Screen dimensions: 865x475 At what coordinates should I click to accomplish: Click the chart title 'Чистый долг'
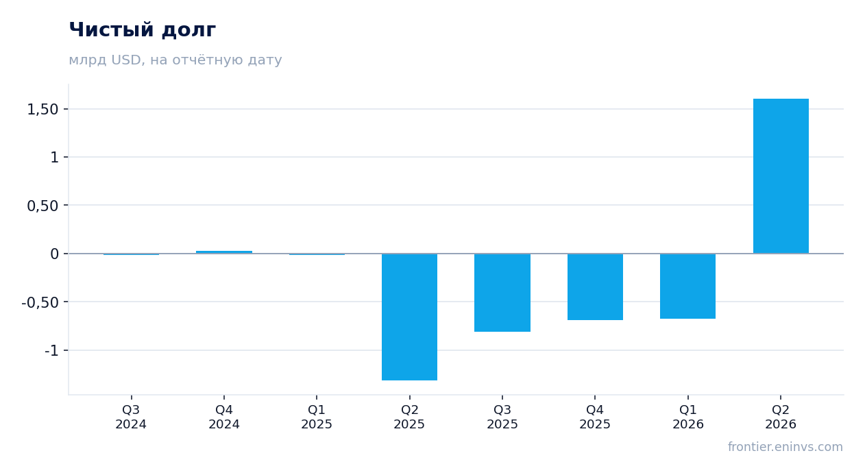pos(142,30)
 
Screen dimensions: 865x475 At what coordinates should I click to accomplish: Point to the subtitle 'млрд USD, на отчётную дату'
pos(175,60)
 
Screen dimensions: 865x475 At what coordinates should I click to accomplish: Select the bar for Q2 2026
pos(781,176)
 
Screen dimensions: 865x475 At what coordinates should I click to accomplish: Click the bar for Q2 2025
pos(409,317)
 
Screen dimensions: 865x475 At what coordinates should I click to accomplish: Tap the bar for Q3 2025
pos(502,293)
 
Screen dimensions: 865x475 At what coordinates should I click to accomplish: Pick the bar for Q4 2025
pos(595,287)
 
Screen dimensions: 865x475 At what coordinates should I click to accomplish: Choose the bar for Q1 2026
pos(687,286)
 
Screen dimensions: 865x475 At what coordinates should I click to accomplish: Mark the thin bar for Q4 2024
pos(224,252)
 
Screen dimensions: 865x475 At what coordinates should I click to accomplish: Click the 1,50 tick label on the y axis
pos(42,109)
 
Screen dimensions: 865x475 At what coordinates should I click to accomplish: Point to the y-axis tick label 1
pos(54,157)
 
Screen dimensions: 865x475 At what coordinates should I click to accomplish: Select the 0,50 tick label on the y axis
pos(42,206)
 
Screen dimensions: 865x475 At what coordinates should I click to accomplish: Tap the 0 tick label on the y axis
pos(54,254)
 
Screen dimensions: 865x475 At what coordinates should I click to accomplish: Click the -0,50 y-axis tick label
pos(40,302)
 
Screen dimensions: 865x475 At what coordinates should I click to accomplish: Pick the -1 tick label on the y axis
pos(51,350)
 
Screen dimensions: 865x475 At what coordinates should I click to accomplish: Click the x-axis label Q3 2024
pos(131,417)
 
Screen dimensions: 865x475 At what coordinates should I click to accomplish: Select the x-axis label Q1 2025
pos(317,417)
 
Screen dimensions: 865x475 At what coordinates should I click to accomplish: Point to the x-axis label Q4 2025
pos(595,417)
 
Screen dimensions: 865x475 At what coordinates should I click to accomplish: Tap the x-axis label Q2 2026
pos(781,417)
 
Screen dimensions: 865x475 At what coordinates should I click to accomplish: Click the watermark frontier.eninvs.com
pos(785,447)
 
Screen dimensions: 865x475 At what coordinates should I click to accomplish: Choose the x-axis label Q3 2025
pos(502,417)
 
